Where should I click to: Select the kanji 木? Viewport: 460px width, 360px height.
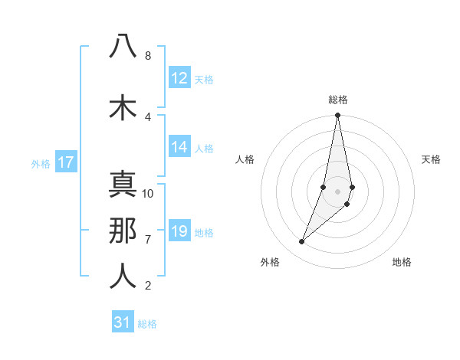pyautogui.click(x=123, y=107)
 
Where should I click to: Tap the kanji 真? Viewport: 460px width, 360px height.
pyautogui.click(x=123, y=185)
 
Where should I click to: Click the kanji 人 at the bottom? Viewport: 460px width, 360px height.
pyautogui.click(x=123, y=276)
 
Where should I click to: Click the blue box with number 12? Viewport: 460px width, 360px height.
pyautogui.click(x=179, y=78)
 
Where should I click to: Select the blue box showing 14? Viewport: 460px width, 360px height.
pyautogui.click(x=179, y=148)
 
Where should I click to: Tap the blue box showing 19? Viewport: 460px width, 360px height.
pyautogui.click(x=179, y=232)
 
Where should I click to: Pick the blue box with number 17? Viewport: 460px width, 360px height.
pyautogui.click(x=66, y=162)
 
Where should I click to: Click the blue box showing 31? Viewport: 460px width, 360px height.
pyautogui.click(x=123, y=322)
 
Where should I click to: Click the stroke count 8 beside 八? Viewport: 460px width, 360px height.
pyautogui.click(x=147, y=56)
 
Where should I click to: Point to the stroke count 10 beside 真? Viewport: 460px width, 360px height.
pyautogui.click(x=148, y=194)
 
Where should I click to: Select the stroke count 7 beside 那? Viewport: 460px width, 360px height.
pyautogui.click(x=147, y=240)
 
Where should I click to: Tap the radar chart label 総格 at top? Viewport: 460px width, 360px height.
pyautogui.click(x=338, y=100)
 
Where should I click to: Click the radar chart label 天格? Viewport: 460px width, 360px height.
pyautogui.click(x=431, y=159)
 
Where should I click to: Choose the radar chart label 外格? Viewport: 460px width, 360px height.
pyautogui.click(x=270, y=262)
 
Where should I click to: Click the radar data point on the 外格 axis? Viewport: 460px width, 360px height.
pyautogui.click(x=302, y=242)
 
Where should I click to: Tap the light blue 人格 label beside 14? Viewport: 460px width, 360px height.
pyautogui.click(x=204, y=149)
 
